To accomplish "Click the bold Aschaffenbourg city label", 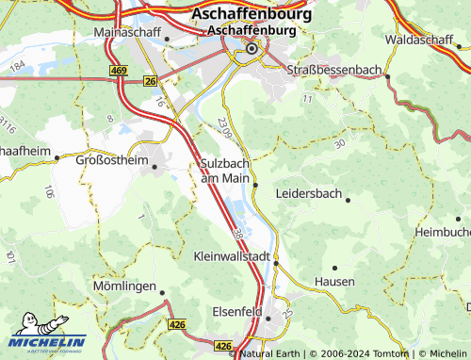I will tap(244, 14).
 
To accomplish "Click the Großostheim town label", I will tap(112, 161).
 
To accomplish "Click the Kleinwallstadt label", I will tap(232, 255).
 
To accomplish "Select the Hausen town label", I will tap(334, 282).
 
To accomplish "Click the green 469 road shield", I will tap(118, 71).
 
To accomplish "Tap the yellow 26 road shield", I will tap(150, 82).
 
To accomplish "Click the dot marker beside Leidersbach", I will tap(348, 200).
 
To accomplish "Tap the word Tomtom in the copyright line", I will tap(389, 353).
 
